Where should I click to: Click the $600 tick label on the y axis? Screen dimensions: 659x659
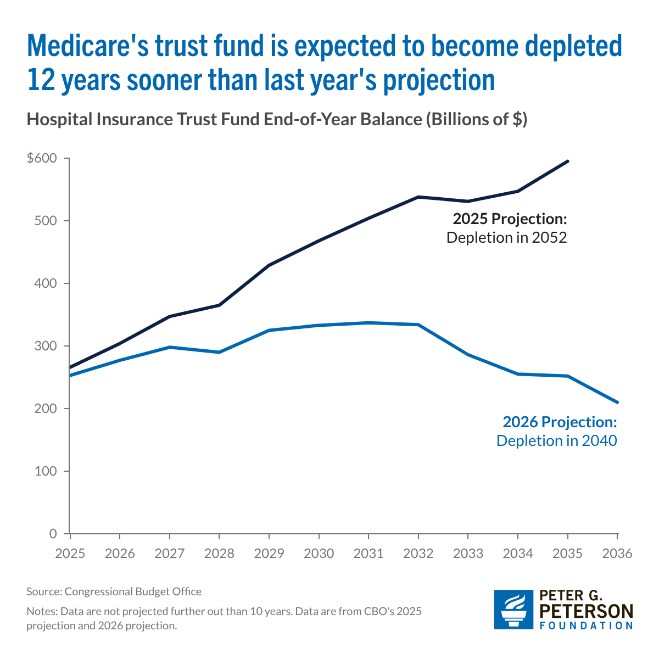tap(42, 159)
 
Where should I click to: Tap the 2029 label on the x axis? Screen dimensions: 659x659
tap(269, 553)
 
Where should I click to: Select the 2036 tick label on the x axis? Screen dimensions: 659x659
tap(617, 553)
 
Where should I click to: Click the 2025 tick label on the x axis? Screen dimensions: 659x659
tap(70, 553)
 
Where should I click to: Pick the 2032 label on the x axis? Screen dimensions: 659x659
tap(418, 553)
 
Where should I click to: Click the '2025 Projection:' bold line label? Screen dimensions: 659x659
tap(509, 219)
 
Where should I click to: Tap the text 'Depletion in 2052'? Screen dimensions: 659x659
tap(506, 238)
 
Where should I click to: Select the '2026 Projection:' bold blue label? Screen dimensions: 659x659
tap(560, 422)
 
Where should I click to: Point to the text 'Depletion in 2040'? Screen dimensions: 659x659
tap(557, 440)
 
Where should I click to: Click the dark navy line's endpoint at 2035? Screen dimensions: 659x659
tap(568, 161)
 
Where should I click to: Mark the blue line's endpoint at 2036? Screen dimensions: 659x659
tap(617, 402)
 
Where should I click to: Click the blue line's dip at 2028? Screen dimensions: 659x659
tap(219, 352)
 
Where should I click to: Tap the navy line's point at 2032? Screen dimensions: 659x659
tap(418, 197)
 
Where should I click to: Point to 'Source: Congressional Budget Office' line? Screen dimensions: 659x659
tap(114, 591)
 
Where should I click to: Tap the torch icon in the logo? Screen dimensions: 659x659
tap(513, 610)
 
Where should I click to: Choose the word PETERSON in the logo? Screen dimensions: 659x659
tap(587, 611)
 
